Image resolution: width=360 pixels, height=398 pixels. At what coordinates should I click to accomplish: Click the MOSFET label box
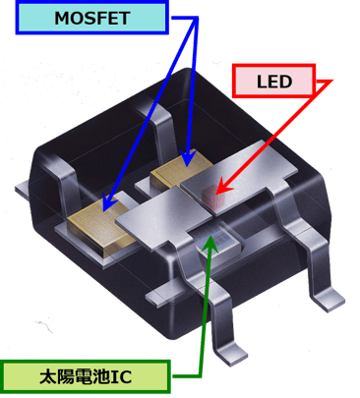click(x=92, y=17)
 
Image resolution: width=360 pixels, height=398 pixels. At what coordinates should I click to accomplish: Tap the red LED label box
click(x=273, y=81)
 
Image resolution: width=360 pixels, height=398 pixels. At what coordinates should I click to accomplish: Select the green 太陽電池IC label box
click(x=86, y=376)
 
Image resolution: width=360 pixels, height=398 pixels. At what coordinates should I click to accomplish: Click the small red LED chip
click(x=210, y=197)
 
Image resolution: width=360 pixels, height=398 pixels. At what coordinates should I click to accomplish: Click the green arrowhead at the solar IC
click(x=210, y=244)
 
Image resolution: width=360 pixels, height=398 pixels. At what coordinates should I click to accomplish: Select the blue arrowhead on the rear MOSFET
click(x=187, y=158)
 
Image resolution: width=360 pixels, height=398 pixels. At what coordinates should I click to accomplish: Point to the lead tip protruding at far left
click(x=23, y=190)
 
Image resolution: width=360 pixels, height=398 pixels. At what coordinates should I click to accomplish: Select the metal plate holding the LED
click(x=239, y=177)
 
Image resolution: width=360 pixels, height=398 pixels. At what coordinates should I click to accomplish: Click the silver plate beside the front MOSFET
click(x=164, y=219)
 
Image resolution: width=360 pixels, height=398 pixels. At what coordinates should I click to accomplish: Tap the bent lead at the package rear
click(x=157, y=126)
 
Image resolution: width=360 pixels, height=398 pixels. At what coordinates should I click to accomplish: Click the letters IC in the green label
click(x=121, y=377)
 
